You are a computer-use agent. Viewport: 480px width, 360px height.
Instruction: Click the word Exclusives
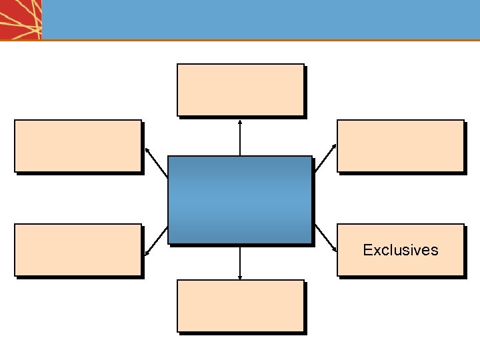tap(401, 250)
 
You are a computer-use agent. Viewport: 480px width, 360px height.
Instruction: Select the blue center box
tap(240, 200)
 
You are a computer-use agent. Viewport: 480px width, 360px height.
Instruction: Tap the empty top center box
tap(240, 90)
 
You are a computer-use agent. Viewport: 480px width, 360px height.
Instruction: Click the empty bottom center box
tap(240, 306)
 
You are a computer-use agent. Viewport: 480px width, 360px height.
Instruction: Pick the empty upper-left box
tap(78, 146)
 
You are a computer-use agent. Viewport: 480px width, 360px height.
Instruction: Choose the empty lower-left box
tap(78, 250)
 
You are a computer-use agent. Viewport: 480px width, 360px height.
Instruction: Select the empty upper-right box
tap(400, 146)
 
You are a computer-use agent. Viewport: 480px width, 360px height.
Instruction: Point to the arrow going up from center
tap(240, 137)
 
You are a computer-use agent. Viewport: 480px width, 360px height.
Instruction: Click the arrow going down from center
tap(240, 261)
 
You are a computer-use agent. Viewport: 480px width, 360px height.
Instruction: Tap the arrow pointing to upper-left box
tap(156, 162)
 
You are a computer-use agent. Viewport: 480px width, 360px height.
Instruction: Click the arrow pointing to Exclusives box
tap(325, 239)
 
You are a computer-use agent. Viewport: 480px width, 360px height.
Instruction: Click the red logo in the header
tap(21, 19)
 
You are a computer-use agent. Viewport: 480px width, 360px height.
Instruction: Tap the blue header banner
tap(260, 19)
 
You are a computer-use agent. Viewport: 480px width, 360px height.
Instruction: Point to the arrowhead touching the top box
tap(240, 122)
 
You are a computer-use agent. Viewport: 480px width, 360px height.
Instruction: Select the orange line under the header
tap(260, 40)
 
